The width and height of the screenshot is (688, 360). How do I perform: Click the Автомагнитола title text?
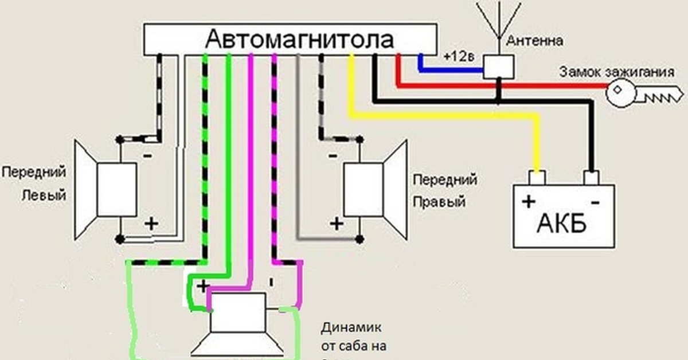pyautogui.click(x=300, y=40)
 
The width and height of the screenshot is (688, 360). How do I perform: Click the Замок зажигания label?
pyautogui.click(x=616, y=73)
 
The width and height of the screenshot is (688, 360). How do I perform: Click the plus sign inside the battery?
pyautogui.click(x=528, y=202)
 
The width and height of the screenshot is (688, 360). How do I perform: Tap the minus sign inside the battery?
pyautogui.click(x=595, y=202)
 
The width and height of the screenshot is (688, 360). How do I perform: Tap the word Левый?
pyautogui.click(x=44, y=195)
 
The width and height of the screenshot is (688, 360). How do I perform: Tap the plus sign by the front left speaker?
pyautogui.click(x=151, y=224)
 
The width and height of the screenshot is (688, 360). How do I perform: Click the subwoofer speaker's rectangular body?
pyautogui.click(x=237, y=312)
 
